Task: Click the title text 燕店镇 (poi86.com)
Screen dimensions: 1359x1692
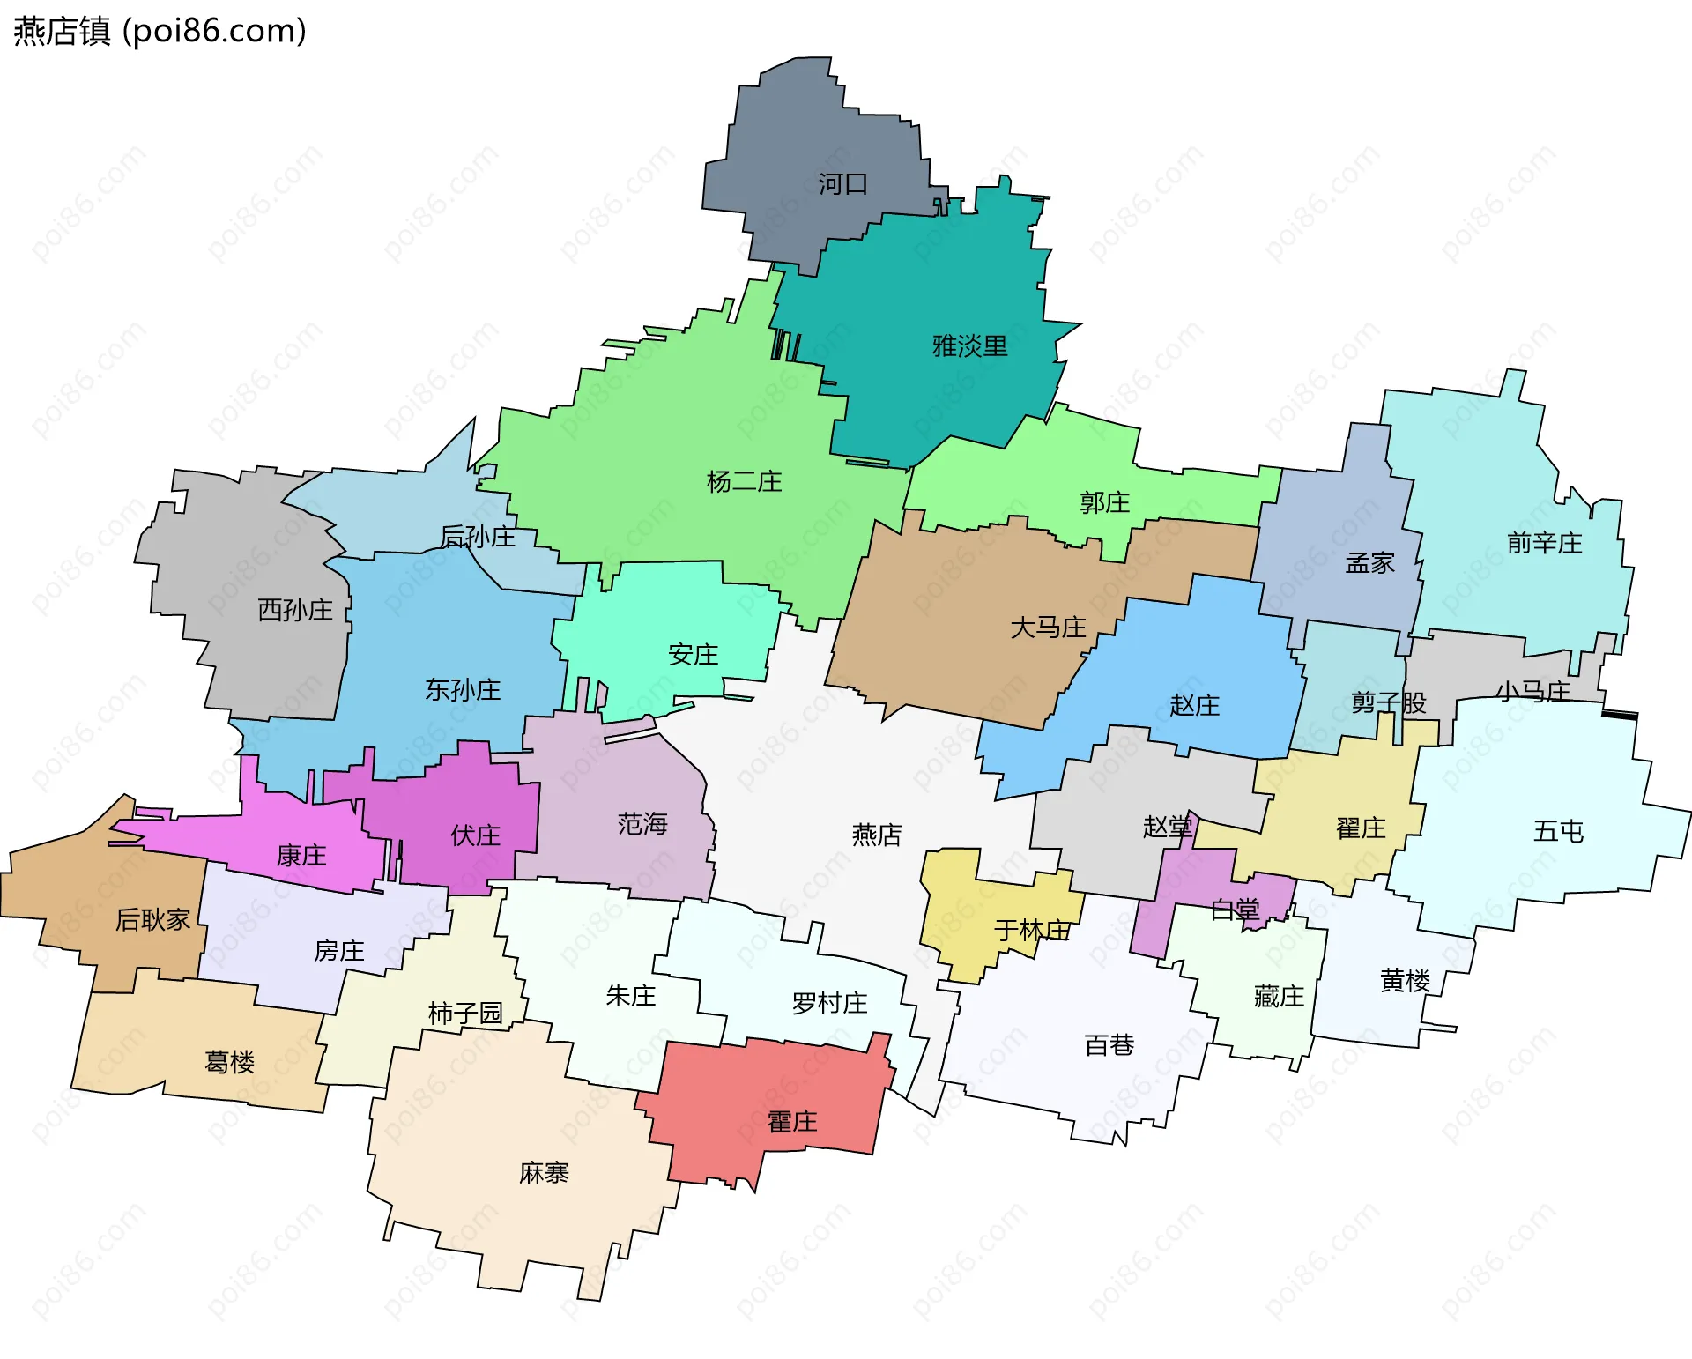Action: pyautogui.click(x=160, y=31)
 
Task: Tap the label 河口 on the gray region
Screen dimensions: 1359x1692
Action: pyautogui.click(x=842, y=184)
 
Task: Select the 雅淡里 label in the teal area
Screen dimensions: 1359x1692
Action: pyautogui.click(x=969, y=345)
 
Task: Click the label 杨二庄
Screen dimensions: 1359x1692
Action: pyautogui.click(x=744, y=481)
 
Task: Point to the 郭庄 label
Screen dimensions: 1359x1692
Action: pyautogui.click(x=1104, y=502)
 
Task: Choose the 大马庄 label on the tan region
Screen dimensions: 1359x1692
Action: pyautogui.click(x=1048, y=628)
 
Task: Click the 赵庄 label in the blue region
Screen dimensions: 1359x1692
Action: pyautogui.click(x=1194, y=705)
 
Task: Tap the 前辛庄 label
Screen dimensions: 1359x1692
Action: pyautogui.click(x=1544, y=543)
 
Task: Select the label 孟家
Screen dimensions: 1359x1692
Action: pyautogui.click(x=1369, y=562)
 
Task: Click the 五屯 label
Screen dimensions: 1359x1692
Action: pyautogui.click(x=1558, y=831)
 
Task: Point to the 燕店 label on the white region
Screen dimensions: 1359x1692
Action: pyautogui.click(x=876, y=835)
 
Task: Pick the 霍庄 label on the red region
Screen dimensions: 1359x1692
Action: pyautogui.click(x=792, y=1122)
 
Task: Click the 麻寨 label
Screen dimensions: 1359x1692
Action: pyautogui.click(x=544, y=1173)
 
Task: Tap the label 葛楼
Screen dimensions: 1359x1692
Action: pyautogui.click(x=229, y=1062)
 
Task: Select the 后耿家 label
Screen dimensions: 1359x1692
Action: pyautogui.click(x=152, y=920)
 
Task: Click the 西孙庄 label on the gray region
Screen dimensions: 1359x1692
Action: pyautogui.click(x=295, y=609)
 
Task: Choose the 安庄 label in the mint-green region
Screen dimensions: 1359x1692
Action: pyautogui.click(x=693, y=655)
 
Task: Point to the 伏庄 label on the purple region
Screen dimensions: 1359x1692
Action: pyautogui.click(x=475, y=835)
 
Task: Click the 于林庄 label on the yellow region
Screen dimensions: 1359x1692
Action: pyautogui.click(x=1032, y=930)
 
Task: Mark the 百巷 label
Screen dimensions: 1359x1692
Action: pyautogui.click(x=1109, y=1045)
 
